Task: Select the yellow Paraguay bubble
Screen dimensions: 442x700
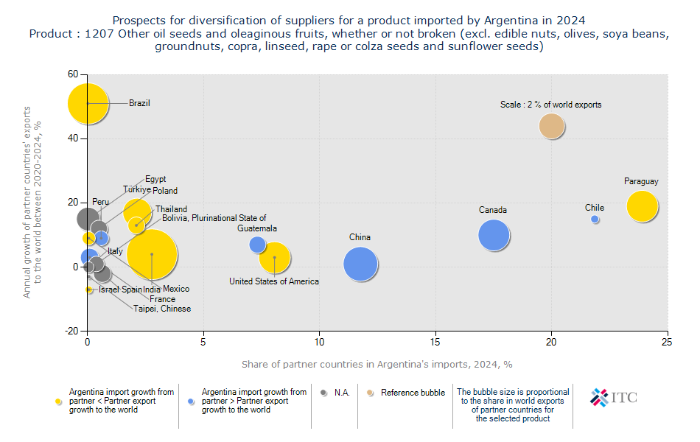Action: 642,206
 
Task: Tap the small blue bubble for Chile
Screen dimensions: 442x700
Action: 595,219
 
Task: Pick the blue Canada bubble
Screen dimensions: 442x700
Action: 494,236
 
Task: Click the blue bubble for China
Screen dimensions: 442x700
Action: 360,264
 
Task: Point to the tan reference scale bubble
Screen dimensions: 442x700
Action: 551,126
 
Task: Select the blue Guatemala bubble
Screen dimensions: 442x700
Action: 257,244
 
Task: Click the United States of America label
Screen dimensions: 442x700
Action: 274,281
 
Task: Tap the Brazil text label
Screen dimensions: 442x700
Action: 139,103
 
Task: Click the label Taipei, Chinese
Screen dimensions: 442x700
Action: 162,309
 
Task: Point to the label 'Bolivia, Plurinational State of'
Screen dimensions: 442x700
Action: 214,218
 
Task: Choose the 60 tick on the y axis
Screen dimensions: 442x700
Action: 72,74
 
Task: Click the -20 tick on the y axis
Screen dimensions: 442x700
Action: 71,331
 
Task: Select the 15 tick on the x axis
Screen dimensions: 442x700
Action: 435,342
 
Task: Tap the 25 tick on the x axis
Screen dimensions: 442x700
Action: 667,342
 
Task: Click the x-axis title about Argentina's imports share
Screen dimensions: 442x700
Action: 377,365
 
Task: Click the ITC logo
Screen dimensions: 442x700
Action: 613,398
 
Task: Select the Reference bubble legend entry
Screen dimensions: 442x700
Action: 412,393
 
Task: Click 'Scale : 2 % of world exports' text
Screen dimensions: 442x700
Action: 550,105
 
